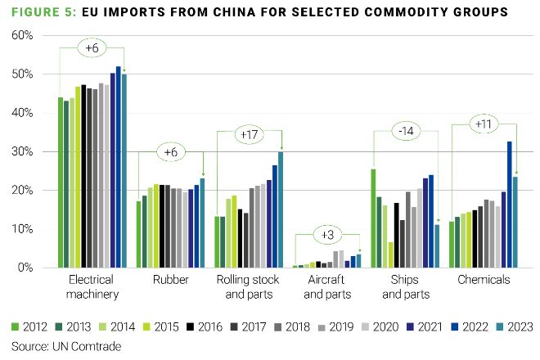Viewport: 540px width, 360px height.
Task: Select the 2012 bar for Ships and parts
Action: (374, 218)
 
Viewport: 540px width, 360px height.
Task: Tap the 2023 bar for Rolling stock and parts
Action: (281, 209)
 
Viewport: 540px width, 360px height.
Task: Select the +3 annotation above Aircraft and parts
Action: (327, 236)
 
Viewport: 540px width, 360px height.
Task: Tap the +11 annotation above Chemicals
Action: (483, 124)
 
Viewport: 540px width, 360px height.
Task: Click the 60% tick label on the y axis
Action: (21, 36)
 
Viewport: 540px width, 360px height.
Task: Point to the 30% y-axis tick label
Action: (21, 152)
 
